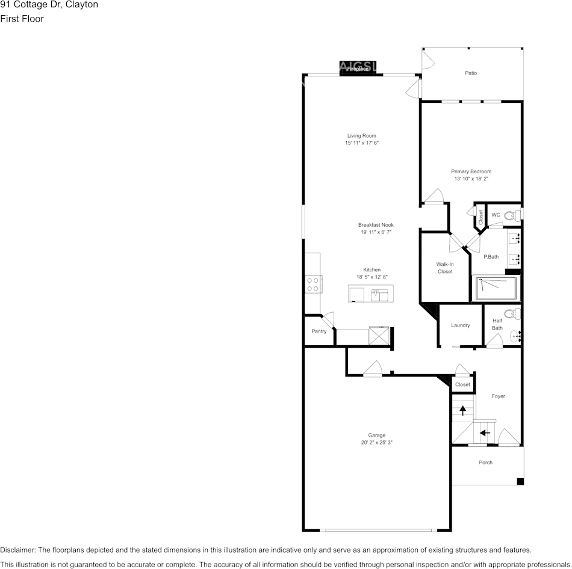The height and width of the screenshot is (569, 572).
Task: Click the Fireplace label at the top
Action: click(x=358, y=69)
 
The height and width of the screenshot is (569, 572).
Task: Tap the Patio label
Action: click(x=471, y=73)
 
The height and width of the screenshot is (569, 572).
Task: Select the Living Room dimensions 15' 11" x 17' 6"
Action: click(x=361, y=143)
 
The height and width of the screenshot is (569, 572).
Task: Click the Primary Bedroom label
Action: click(x=471, y=171)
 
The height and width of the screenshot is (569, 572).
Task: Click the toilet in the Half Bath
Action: click(x=511, y=313)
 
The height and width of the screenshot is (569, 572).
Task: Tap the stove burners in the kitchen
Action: click(x=312, y=284)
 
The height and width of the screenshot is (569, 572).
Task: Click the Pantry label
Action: click(x=319, y=331)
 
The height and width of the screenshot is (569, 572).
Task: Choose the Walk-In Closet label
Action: click(x=445, y=268)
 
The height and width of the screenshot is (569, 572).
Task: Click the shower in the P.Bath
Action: click(x=497, y=289)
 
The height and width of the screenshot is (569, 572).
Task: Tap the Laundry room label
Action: click(x=461, y=325)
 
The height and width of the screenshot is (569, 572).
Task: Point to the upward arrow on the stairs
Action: click(x=462, y=410)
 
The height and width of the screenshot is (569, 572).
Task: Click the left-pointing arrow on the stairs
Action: click(x=485, y=432)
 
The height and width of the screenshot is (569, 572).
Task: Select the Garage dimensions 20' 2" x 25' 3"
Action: click(x=377, y=443)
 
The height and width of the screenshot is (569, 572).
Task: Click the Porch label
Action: click(x=485, y=463)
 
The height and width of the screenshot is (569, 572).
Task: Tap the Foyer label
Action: click(x=498, y=396)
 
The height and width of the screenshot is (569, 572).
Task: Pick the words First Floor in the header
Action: click(x=22, y=19)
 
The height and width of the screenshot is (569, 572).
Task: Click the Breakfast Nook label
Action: click(x=376, y=225)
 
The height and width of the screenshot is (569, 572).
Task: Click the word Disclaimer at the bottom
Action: click(x=17, y=550)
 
